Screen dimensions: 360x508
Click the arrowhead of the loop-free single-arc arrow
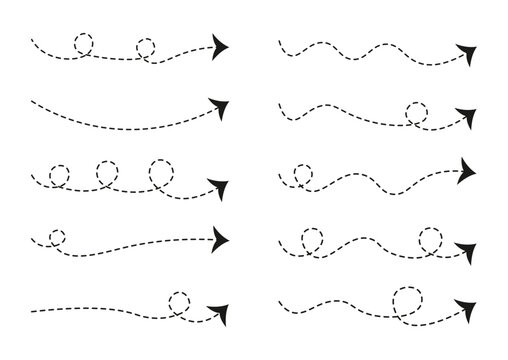[219, 104]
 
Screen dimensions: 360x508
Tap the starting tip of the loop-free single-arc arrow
[33, 101]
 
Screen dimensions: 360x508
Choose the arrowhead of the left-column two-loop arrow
[219, 47]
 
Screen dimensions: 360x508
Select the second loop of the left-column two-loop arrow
[147, 48]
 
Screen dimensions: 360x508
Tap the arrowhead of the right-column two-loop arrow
[466, 247]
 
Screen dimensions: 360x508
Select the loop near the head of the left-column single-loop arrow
[180, 301]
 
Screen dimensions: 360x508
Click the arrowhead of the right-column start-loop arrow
[466, 167]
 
